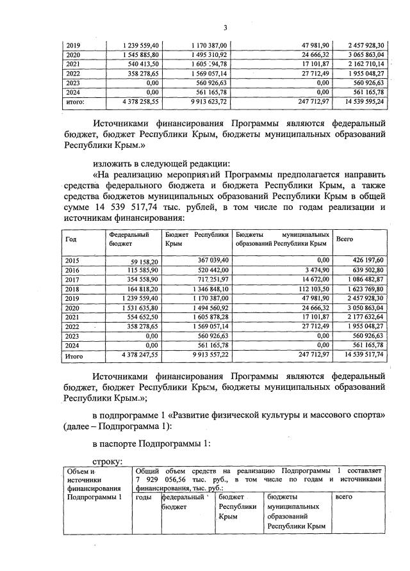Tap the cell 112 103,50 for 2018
click(311, 288)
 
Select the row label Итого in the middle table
click(75, 353)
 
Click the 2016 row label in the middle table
click(73, 269)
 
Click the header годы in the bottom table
click(145, 496)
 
